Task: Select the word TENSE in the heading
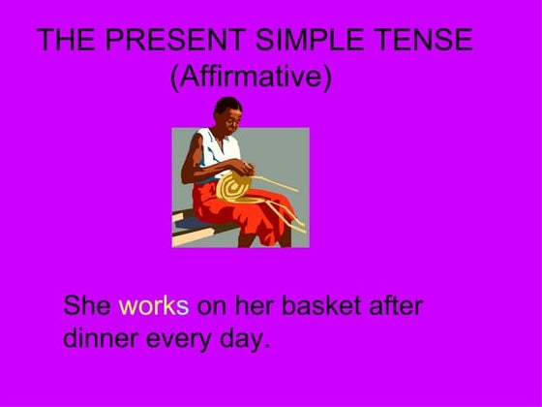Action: (426, 41)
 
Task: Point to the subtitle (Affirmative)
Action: (251, 77)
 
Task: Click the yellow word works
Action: (153, 306)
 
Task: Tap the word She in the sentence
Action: (87, 306)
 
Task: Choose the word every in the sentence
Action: (178, 341)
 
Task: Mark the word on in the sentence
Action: (211, 306)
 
